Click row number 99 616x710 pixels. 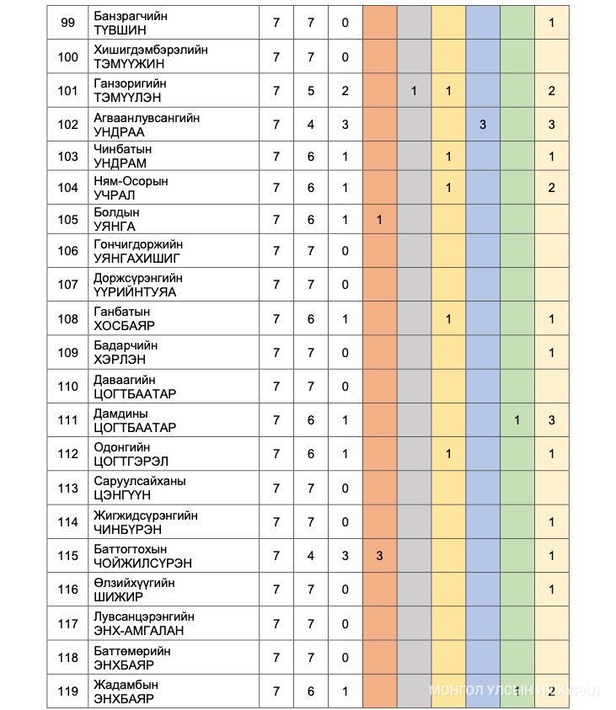[x=68, y=23]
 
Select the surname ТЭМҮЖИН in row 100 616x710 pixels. [x=129, y=64]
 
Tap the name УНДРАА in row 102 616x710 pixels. [x=120, y=132]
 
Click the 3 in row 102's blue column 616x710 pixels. [x=483, y=125]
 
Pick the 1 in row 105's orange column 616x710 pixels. [x=380, y=220]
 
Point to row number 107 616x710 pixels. [x=68, y=285]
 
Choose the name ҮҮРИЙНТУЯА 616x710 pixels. [x=135, y=292]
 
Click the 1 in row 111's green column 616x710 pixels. [x=517, y=420]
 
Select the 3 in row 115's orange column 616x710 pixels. [x=380, y=556]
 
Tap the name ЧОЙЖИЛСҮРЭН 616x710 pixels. [x=142, y=563]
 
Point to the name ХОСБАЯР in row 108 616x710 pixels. [x=125, y=326]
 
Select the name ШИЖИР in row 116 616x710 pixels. [x=118, y=597]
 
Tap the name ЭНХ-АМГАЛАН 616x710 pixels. [x=139, y=631]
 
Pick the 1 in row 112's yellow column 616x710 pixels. [x=448, y=454]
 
